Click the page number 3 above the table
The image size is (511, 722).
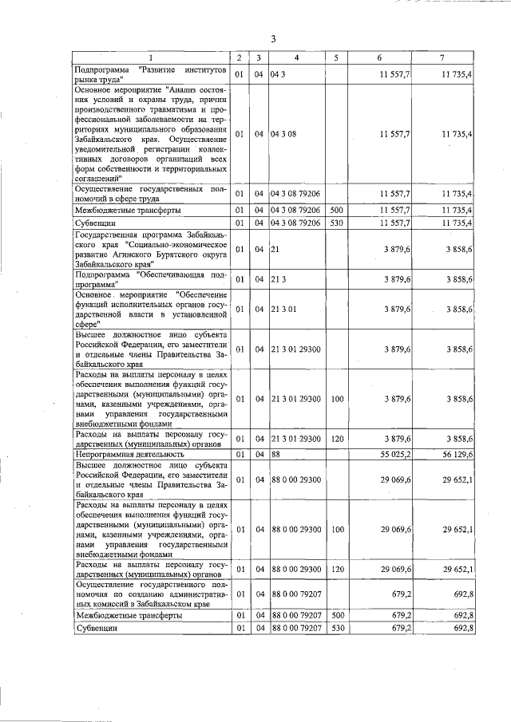tap(273, 39)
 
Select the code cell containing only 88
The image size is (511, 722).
tap(277, 454)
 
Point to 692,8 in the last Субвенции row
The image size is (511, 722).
tap(463, 629)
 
